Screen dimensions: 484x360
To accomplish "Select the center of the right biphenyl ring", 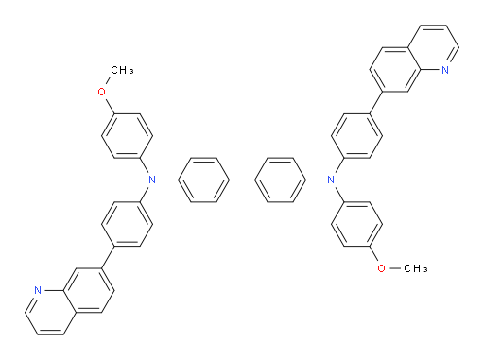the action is [x=280, y=179].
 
